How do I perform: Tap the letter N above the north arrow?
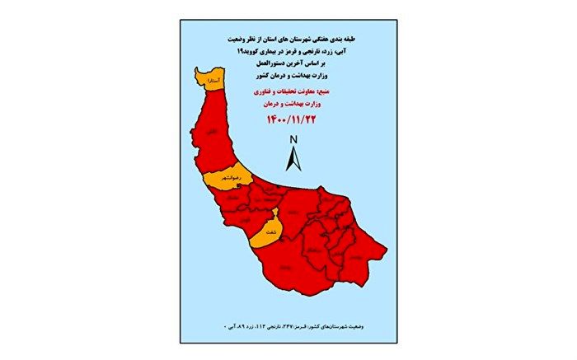(292, 140)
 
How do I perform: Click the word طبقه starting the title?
(353, 40)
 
